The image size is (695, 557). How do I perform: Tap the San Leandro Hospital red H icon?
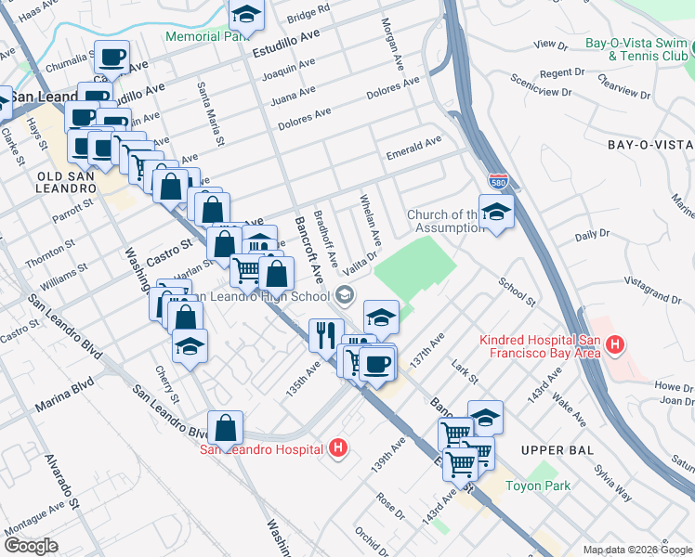click(x=338, y=449)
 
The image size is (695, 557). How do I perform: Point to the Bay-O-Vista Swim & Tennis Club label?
click(x=636, y=50)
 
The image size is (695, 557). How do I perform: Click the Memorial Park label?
click(x=205, y=37)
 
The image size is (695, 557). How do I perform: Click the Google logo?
click(x=31, y=546)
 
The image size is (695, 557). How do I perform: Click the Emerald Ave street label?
click(x=413, y=146)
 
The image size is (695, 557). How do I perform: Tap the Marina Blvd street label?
click(x=65, y=395)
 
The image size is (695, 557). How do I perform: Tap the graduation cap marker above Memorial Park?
click(x=246, y=15)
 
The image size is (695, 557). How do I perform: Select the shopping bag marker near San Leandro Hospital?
click(x=225, y=428)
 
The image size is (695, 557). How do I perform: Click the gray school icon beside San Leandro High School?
click(x=345, y=296)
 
